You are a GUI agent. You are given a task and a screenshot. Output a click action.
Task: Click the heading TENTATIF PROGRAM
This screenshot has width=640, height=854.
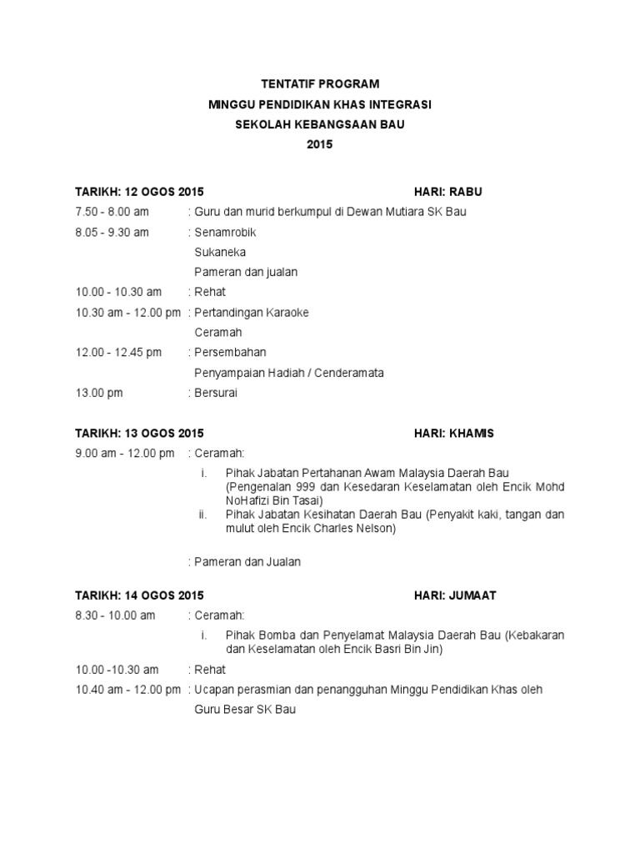pyautogui.click(x=320, y=84)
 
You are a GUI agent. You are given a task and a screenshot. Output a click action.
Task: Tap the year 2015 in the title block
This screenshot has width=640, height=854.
pyautogui.click(x=320, y=144)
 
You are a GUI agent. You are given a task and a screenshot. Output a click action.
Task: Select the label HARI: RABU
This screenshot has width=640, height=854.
pyautogui.click(x=448, y=192)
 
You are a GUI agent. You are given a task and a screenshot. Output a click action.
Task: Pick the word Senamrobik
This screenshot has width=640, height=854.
pyautogui.click(x=219, y=232)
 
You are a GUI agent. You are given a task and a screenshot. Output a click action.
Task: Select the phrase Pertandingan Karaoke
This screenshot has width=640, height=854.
pyautogui.click(x=251, y=312)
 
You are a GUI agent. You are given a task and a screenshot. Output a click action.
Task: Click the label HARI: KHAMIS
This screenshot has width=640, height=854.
pyautogui.click(x=454, y=434)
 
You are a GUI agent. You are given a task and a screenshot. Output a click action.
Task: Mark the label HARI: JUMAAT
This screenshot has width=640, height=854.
pyautogui.click(x=455, y=595)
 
